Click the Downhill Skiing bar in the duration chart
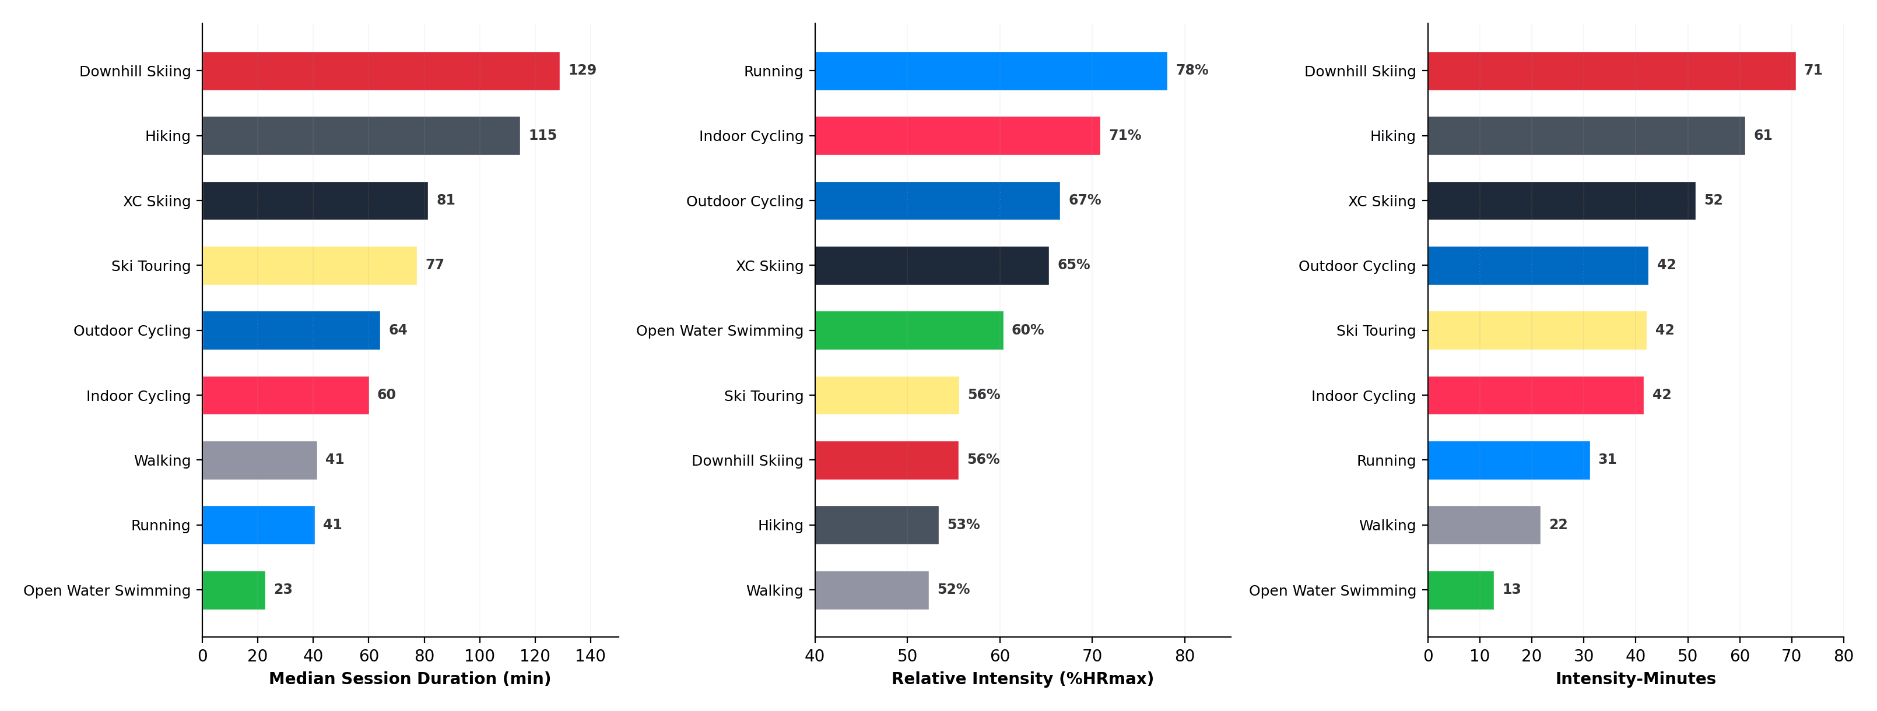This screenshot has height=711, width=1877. [x=380, y=71]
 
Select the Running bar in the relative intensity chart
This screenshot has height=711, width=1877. [x=990, y=71]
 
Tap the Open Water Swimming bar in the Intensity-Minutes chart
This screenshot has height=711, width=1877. [x=1460, y=590]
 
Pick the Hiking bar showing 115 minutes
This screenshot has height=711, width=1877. [x=361, y=135]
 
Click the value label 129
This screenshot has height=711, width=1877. [x=582, y=70]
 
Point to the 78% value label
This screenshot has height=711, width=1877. [x=1192, y=70]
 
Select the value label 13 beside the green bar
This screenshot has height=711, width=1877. [x=1511, y=589]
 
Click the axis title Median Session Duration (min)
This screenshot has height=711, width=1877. [x=409, y=679]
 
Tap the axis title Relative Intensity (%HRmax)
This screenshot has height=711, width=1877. [x=1022, y=679]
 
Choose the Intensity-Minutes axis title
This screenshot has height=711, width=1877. [x=1635, y=679]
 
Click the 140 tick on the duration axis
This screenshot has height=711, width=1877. [x=590, y=656]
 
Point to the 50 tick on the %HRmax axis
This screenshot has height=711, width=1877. [x=907, y=656]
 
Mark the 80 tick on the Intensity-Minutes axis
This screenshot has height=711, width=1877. [x=1843, y=656]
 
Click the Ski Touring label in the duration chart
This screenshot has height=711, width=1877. [x=151, y=266]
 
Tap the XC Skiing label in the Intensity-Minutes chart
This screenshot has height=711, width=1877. [x=1381, y=201]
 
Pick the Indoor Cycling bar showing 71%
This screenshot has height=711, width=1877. [x=957, y=135]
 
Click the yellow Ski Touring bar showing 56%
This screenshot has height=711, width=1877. [x=887, y=396]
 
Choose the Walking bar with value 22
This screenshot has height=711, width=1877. [x=1483, y=525]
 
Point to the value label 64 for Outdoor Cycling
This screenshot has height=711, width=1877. [x=398, y=330]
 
